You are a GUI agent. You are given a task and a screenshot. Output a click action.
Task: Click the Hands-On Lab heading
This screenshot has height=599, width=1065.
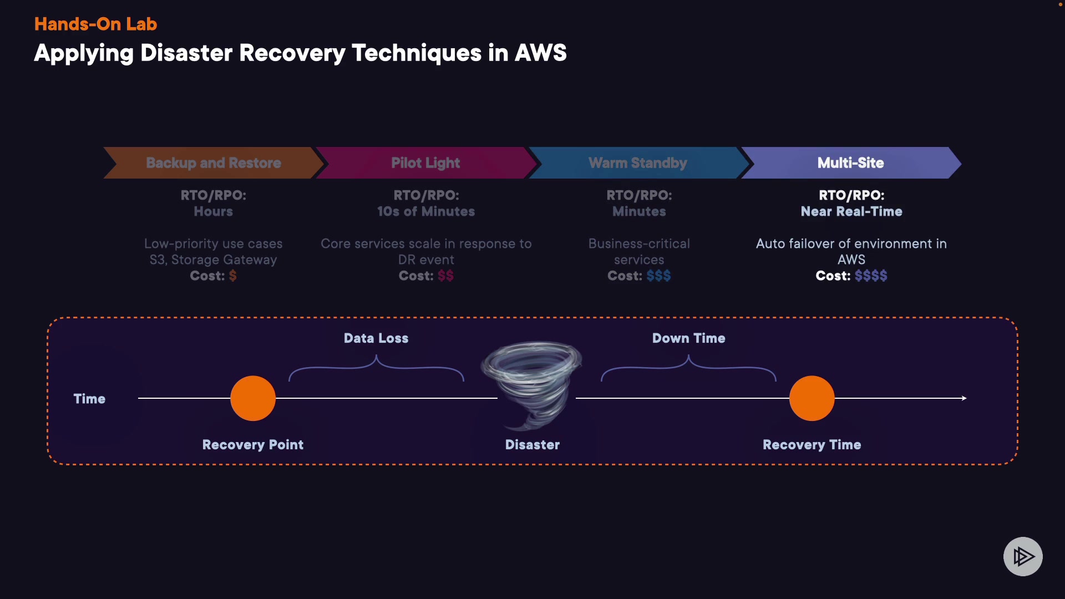(95, 24)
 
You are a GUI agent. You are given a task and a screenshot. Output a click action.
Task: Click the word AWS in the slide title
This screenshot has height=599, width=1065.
(540, 53)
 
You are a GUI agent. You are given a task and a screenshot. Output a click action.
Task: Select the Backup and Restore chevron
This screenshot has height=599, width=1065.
(214, 163)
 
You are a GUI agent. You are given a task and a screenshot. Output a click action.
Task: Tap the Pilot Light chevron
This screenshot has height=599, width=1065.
(425, 163)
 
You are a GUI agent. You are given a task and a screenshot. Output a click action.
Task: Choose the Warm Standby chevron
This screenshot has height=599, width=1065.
(638, 163)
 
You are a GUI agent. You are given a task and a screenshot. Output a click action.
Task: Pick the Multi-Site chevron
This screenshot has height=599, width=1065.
(850, 163)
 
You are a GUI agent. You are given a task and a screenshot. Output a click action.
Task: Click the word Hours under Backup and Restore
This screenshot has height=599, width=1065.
(213, 211)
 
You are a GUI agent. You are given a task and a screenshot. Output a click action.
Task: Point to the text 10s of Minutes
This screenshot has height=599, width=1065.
(426, 211)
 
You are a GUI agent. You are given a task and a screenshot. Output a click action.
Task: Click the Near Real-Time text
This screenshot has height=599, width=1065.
(851, 211)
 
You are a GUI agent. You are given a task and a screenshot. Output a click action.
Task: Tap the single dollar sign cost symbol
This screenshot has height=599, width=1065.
(233, 276)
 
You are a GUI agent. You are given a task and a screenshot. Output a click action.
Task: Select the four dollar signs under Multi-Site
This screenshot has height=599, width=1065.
(871, 276)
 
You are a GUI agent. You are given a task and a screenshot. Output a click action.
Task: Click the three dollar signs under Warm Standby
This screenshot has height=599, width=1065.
(658, 276)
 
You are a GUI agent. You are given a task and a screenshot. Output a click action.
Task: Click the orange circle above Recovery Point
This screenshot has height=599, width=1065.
(253, 398)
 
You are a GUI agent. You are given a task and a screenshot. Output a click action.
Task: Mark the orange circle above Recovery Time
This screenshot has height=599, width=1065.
(812, 398)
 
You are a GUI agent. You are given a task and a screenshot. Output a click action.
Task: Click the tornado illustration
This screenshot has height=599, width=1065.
(531, 383)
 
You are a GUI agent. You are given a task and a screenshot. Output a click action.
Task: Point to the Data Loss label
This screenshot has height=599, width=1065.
(376, 338)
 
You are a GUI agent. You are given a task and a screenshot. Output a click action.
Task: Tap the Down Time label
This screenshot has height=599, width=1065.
(688, 338)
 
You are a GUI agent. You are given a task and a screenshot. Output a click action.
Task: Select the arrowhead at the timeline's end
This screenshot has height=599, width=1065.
(964, 398)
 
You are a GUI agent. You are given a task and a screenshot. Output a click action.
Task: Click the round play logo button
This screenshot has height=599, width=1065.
(1023, 556)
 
